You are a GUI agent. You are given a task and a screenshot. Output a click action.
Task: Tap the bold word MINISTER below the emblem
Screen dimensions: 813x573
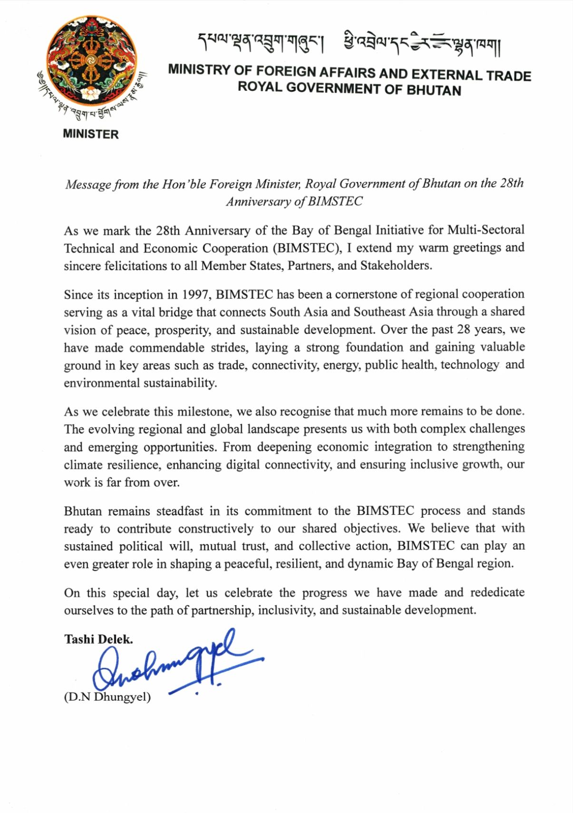point(90,134)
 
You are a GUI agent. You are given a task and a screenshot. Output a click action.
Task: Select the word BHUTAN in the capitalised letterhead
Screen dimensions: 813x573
point(434,90)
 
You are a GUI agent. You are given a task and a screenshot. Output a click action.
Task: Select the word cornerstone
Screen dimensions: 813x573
point(365,294)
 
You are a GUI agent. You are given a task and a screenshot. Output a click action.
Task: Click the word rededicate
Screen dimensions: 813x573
point(497,592)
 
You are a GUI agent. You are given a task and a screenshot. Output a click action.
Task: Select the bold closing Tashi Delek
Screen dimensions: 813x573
point(98,639)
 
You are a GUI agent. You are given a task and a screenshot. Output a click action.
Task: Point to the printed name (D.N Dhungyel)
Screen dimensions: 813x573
point(107,697)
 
